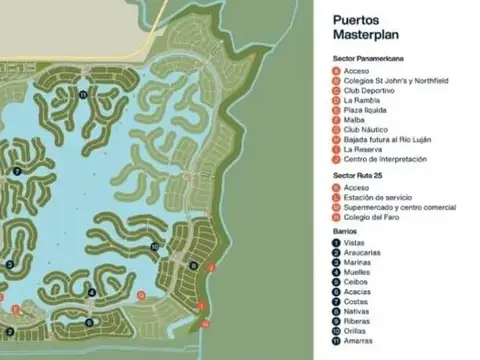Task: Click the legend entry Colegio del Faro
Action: [x=373, y=218]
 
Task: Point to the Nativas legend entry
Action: [x=358, y=311]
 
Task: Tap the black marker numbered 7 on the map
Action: [x=18, y=172]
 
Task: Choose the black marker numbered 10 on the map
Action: [x=155, y=246]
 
